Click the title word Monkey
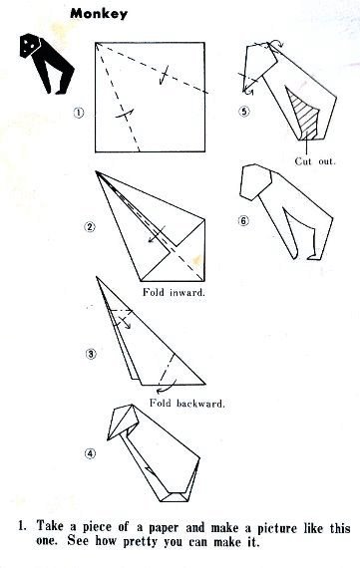point(99,14)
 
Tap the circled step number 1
point(79,113)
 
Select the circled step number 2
point(90,227)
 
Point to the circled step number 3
point(91,354)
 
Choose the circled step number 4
point(91,453)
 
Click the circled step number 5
point(244,112)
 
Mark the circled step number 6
point(243,220)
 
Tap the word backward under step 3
point(200,403)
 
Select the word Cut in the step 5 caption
point(303,161)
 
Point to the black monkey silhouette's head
point(30,45)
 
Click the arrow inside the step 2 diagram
point(157,235)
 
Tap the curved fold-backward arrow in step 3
point(167,387)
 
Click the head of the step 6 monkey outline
point(255,181)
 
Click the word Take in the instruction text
point(51,525)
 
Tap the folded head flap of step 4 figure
point(124,421)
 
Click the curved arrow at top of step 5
point(278,43)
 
